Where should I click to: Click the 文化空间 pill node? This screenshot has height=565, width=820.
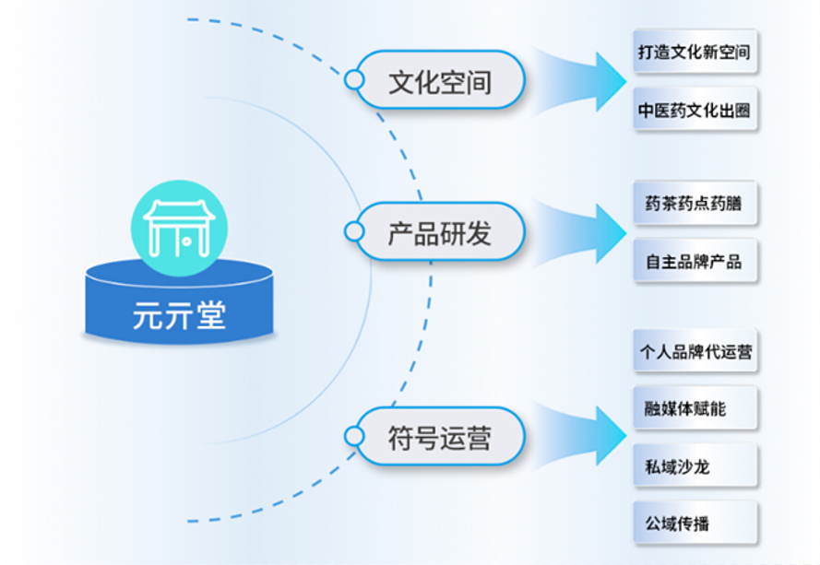(x=440, y=81)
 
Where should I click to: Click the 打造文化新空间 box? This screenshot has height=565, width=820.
(x=695, y=52)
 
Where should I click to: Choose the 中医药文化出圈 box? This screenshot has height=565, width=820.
(x=695, y=111)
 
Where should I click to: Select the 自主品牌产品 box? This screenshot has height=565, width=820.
(x=695, y=262)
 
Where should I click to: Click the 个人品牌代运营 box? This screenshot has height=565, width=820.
(x=695, y=351)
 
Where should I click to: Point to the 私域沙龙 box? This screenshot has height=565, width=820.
(x=695, y=466)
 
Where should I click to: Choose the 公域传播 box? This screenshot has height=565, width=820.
(x=695, y=524)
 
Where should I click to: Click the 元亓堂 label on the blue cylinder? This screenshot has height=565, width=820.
(x=179, y=316)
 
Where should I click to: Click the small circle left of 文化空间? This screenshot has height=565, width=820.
(x=353, y=80)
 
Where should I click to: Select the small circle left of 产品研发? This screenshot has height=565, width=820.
(x=353, y=231)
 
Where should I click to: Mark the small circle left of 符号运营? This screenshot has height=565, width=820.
(x=353, y=436)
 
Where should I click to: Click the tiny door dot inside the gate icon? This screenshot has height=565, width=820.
(x=185, y=241)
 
